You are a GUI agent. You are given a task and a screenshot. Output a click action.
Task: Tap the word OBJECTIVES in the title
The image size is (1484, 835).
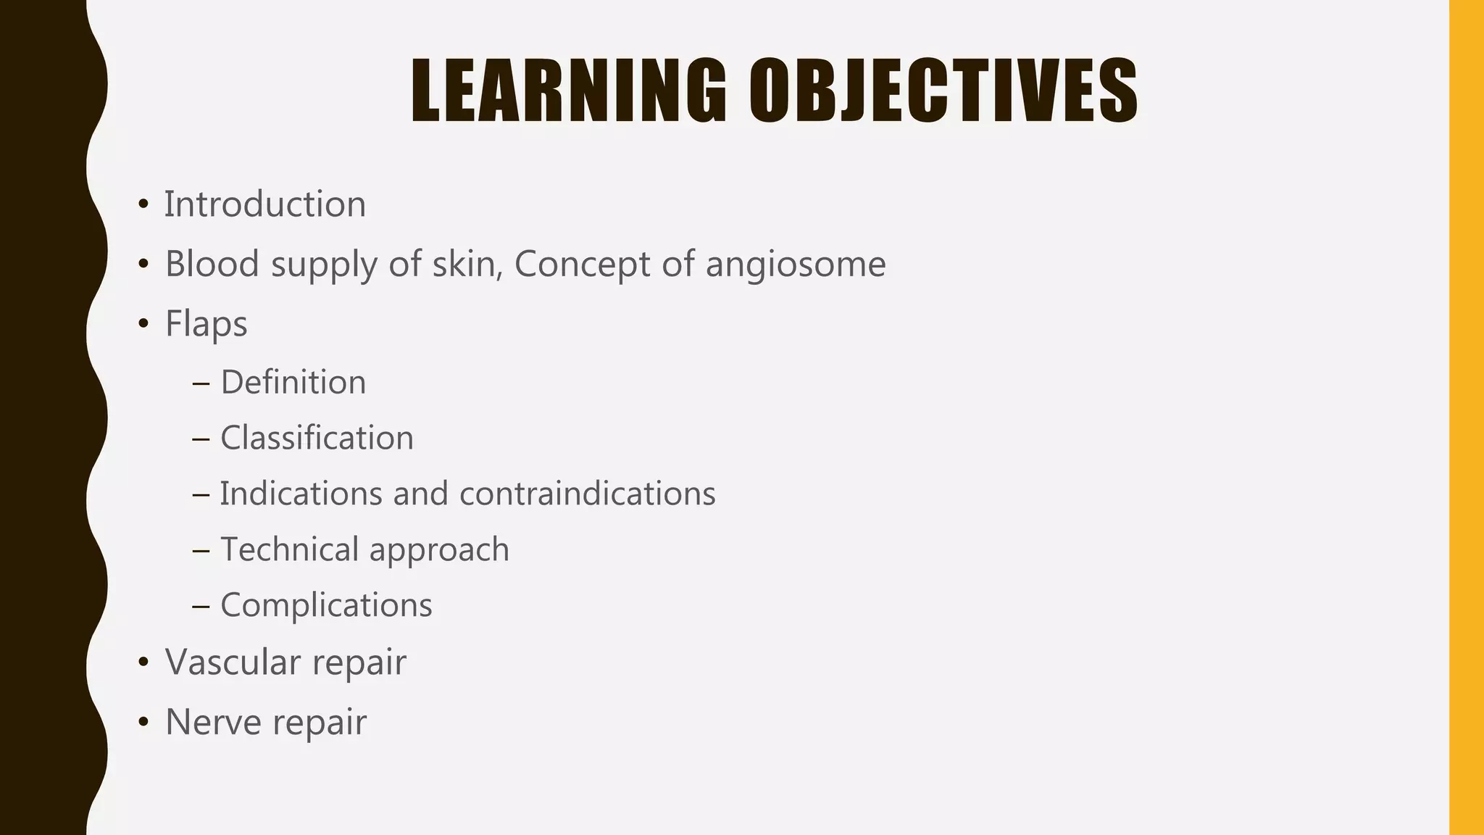[943, 91]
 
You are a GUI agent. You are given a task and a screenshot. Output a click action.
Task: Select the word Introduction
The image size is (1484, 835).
[264, 204]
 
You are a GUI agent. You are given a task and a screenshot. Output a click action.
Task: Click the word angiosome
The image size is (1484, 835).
[795, 264]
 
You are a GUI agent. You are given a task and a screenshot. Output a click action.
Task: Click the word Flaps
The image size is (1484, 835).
[207, 323]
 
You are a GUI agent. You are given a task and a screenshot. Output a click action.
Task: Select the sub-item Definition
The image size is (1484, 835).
[293, 382]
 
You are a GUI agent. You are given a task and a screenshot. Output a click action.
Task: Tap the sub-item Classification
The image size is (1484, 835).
[317, 438]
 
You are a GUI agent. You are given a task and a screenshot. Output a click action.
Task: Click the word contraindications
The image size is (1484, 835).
[587, 494]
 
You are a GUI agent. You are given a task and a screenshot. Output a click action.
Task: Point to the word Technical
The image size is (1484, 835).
[290, 549]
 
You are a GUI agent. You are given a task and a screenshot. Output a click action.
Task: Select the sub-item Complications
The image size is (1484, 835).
[326, 605]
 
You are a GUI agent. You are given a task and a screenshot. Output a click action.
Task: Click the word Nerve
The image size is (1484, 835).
[213, 722]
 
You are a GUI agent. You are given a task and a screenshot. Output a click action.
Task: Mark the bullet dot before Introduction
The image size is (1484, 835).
[143, 204]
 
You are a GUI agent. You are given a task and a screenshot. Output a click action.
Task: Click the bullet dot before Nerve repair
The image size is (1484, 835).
[143, 722]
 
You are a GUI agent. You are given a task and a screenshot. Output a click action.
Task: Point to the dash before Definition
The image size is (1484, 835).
[201, 383]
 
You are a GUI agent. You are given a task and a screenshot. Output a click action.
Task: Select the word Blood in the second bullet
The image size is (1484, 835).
[212, 263]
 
